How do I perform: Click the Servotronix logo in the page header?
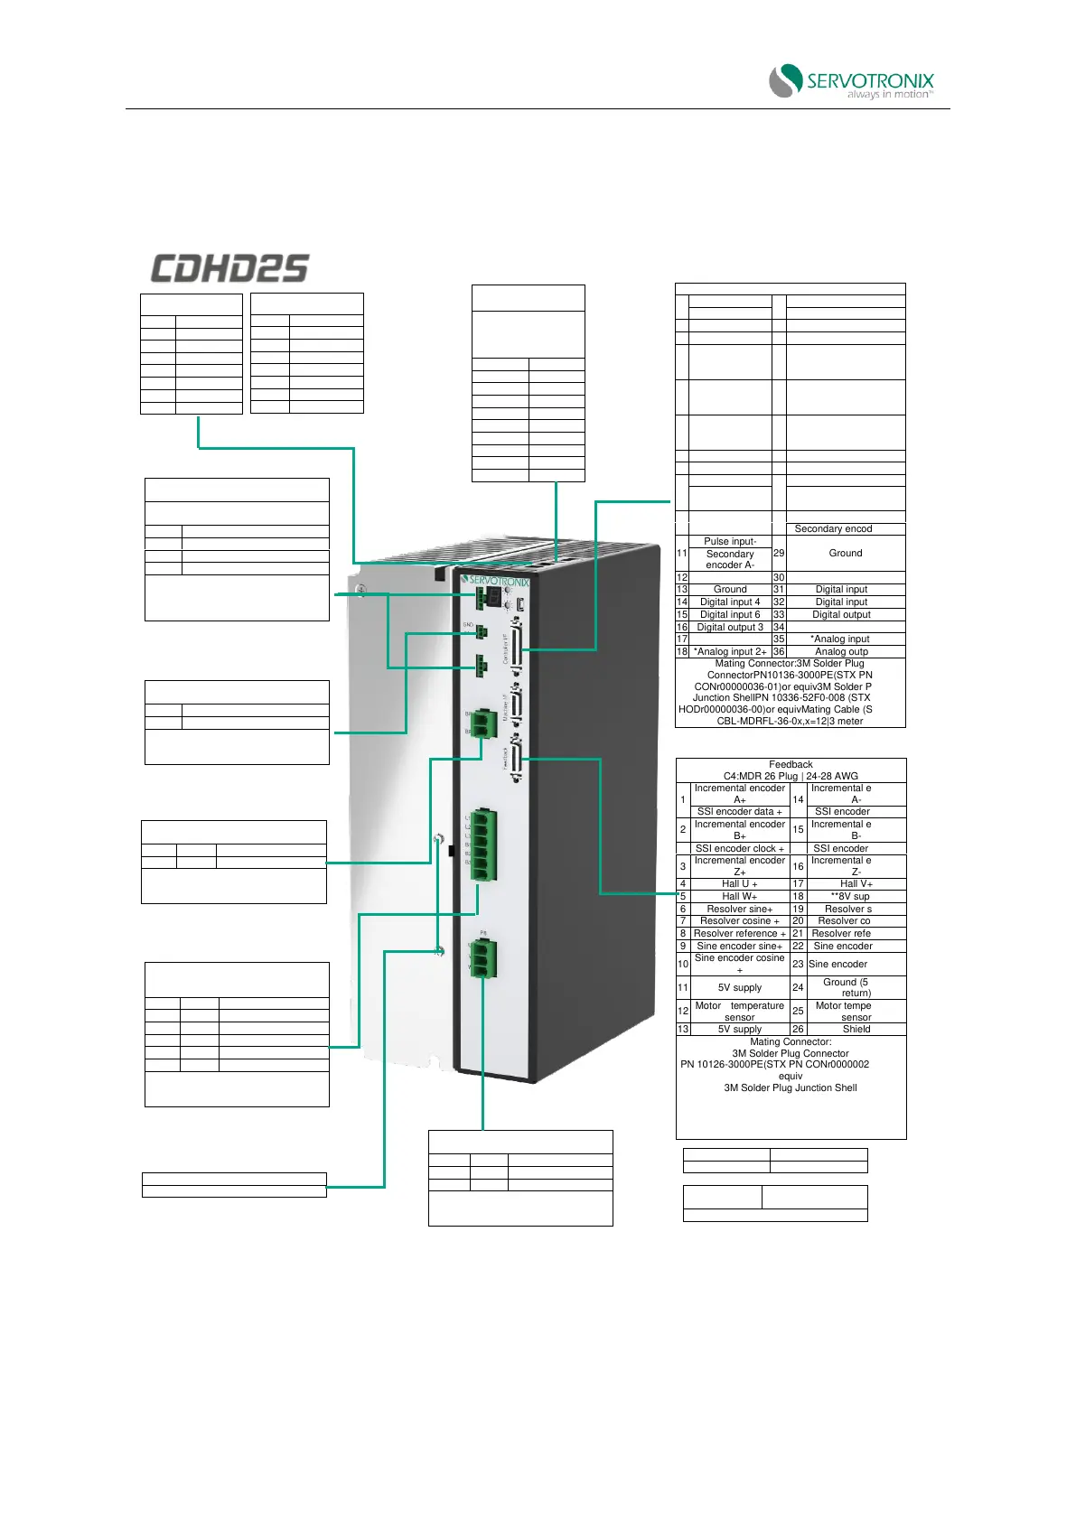pyautogui.click(x=852, y=81)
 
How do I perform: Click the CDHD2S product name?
pyautogui.click(x=229, y=268)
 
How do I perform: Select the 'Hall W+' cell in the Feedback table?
pyautogui.click(x=739, y=897)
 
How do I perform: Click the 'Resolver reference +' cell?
pyautogui.click(x=739, y=934)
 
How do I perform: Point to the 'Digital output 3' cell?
pyautogui.click(x=730, y=627)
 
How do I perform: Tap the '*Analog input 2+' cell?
pyautogui.click(x=730, y=651)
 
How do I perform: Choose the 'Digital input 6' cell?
pyautogui.click(x=730, y=614)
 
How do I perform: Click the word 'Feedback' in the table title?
pyautogui.click(x=791, y=764)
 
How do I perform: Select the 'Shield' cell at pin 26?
pyautogui.click(x=856, y=1029)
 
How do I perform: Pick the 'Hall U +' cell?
pyautogui.click(x=739, y=884)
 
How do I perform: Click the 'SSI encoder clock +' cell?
pyautogui.click(x=739, y=848)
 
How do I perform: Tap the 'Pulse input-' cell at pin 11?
pyautogui.click(x=730, y=541)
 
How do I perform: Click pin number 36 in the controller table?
pyautogui.click(x=779, y=651)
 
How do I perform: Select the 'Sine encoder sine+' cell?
pyautogui.click(x=739, y=946)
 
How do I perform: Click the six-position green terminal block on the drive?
pyautogui.click(x=482, y=844)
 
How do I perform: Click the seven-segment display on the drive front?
pyautogui.click(x=493, y=597)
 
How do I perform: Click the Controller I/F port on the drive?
pyautogui.click(x=516, y=647)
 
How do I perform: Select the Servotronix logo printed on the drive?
pyautogui.click(x=495, y=580)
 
